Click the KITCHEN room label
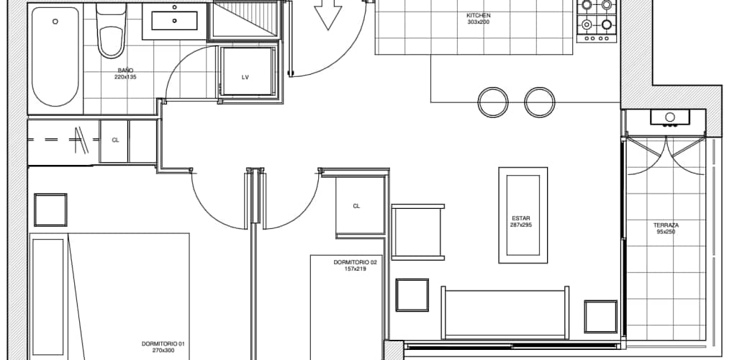(x=479, y=16)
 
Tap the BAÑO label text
(x=125, y=71)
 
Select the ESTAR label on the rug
(x=521, y=219)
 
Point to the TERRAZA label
(x=666, y=225)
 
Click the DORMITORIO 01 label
(x=163, y=344)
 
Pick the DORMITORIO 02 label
(x=356, y=263)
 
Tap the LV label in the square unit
(x=245, y=78)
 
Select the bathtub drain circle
(x=55, y=21)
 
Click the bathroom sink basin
(x=174, y=21)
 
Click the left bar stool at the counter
(x=493, y=102)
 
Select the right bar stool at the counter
(x=540, y=102)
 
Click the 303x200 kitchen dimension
(x=479, y=22)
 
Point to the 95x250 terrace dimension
(x=666, y=231)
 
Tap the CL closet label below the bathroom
(x=115, y=140)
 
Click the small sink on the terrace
(x=670, y=117)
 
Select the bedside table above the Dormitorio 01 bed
(x=50, y=210)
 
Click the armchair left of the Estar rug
(x=417, y=232)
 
